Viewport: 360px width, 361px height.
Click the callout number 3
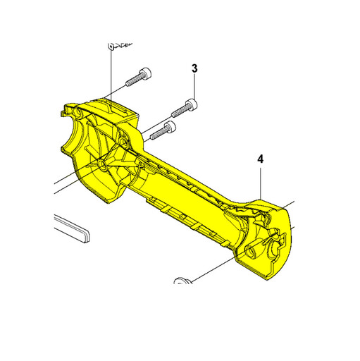coord(194,68)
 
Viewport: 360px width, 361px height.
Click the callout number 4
coord(260,159)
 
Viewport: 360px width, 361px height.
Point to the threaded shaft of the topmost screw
coord(133,80)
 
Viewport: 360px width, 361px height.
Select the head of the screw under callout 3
coord(192,104)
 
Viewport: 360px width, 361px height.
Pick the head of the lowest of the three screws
coord(170,126)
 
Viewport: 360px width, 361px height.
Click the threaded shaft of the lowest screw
coord(159,133)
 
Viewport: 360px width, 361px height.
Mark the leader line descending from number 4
coord(261,182)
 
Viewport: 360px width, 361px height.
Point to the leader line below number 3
coord(194,86)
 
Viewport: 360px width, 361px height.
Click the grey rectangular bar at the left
coord(72,228)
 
